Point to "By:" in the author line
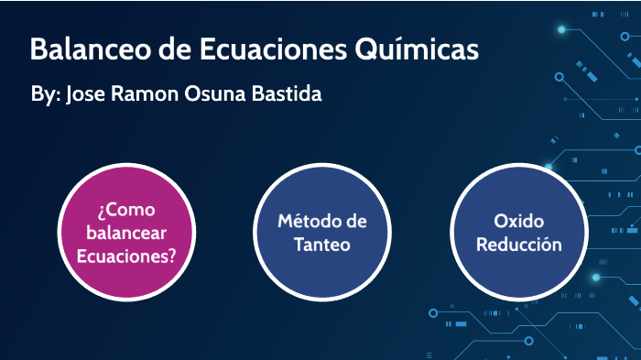pyautogui.click(x=45, y=95)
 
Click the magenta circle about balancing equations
pyautogui.click(x=126, y=233)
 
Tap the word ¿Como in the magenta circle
pyautogui.click(x=125, y=210)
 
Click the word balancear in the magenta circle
pyautogui.click(x=126, y=233)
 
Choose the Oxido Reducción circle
pyautogui.click(x=518, y=233)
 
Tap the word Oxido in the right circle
pyautogui.click(x=518, y=222)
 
